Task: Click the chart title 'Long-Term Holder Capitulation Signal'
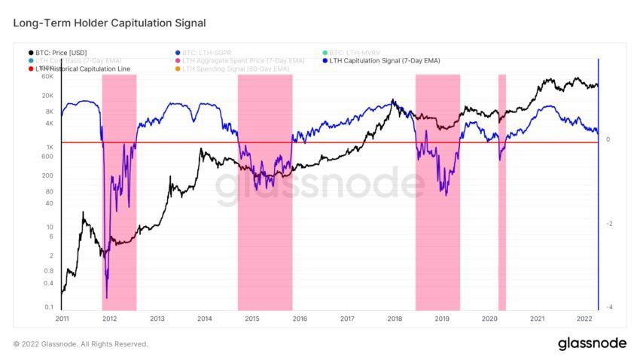[109, 24]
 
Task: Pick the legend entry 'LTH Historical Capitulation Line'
[82, 69]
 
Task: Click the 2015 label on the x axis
[251, 319]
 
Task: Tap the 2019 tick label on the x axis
[442, 319]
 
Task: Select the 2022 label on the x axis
[584, 319]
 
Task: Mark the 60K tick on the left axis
[47, 77]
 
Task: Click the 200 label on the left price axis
[47, 175]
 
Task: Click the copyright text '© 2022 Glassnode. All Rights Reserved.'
[81, 344]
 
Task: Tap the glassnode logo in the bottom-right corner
[592, 343]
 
